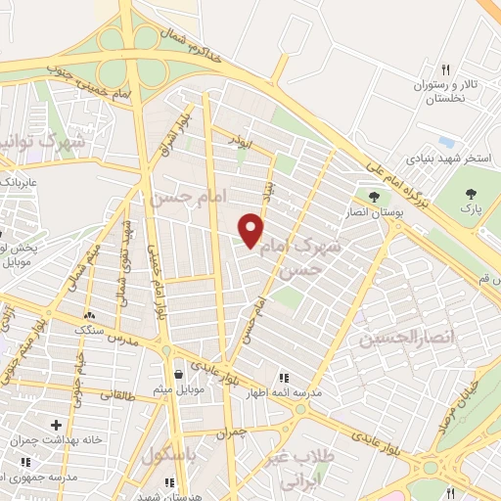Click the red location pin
[251, 229]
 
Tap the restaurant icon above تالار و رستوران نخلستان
[445, 69]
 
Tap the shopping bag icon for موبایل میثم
[177, 374]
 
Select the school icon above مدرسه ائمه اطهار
[284, 378]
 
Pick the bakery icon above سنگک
[89, 315]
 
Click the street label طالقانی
[116, 396]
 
